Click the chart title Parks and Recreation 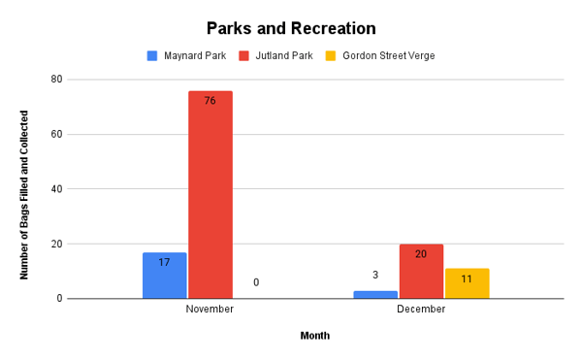[x=291, y=28]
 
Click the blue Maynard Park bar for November [x=164, y=276]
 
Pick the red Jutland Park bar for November [x=210, y=194]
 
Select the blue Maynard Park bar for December [x=375, y=294]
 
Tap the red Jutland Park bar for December [x=421, y=271]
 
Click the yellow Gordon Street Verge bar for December [x=468, y=283]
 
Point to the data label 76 [x=210, y=100]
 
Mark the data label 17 [x=164, y=262]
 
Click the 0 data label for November [x=256, y=282]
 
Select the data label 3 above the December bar [x=375, y=275]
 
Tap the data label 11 [x=468, y=278]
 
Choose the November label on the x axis [x=210, y=310]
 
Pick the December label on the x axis [x=421, y=310]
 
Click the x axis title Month [x=313, y=336]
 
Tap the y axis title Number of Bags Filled [x=25, y=194]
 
